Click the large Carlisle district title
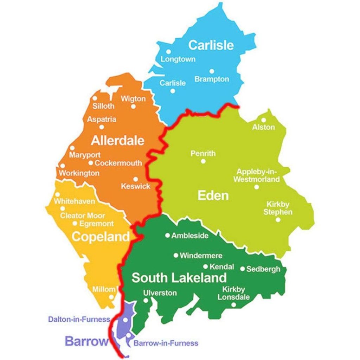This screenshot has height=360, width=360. [x=211, y=45]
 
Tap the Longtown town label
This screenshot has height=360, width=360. [x=178, y=59]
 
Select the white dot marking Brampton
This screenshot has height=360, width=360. [x=212, y=71]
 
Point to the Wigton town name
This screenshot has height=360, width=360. [x=133, y=99]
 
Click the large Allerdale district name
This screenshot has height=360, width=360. [x=117, y=141]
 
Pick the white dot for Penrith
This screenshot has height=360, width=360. [x=203, y=161]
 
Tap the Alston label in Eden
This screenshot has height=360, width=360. [x=263, y=127]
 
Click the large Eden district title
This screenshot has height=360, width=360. [x=213, y=195]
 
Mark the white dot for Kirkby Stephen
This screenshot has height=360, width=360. [x=278, y=220]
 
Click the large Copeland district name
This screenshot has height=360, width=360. [x=101, y=237]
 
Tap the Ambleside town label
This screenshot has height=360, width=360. [x=190, y=236]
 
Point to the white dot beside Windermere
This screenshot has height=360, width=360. [x=176, y=256]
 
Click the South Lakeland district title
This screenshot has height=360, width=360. [x=179, y=278]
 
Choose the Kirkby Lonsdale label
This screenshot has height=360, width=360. [x=233, y=293]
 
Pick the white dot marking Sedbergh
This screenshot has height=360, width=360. [x=242, y=269]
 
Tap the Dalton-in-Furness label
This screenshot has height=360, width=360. [x=79, y=320]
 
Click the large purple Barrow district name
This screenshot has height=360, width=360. [x=85, y=341]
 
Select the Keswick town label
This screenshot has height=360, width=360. [x=135, y=186]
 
